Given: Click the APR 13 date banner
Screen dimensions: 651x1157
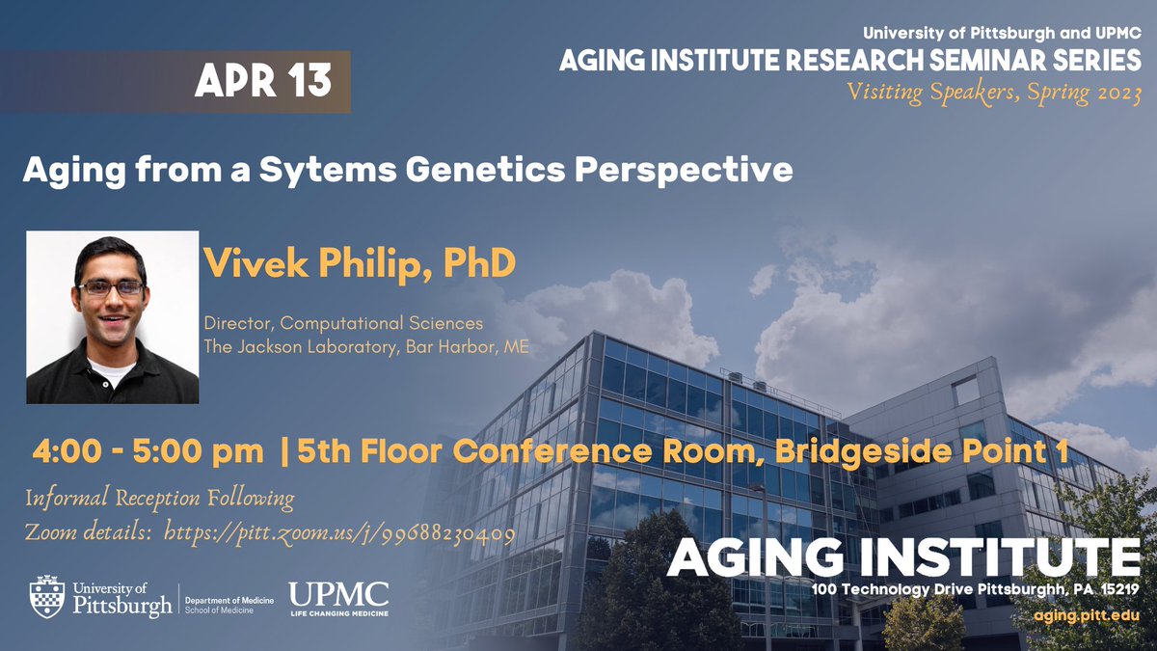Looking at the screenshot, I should pos(262,83).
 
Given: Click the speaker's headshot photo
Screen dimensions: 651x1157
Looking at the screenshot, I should pos(112,316).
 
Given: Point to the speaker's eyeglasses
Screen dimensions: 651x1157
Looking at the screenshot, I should pos(111,287).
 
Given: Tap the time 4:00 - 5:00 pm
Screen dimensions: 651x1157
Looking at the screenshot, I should pos(148,450).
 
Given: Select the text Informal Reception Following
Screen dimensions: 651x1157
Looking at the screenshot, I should pos(159,499).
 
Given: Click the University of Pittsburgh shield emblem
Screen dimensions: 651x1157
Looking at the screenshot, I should pos(47,597).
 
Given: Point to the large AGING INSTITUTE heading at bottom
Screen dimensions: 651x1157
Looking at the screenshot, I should pos(902,557).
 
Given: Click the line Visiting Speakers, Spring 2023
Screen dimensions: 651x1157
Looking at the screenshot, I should pos(993,94).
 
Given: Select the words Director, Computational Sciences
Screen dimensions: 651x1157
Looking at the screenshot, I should pos(343,323).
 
